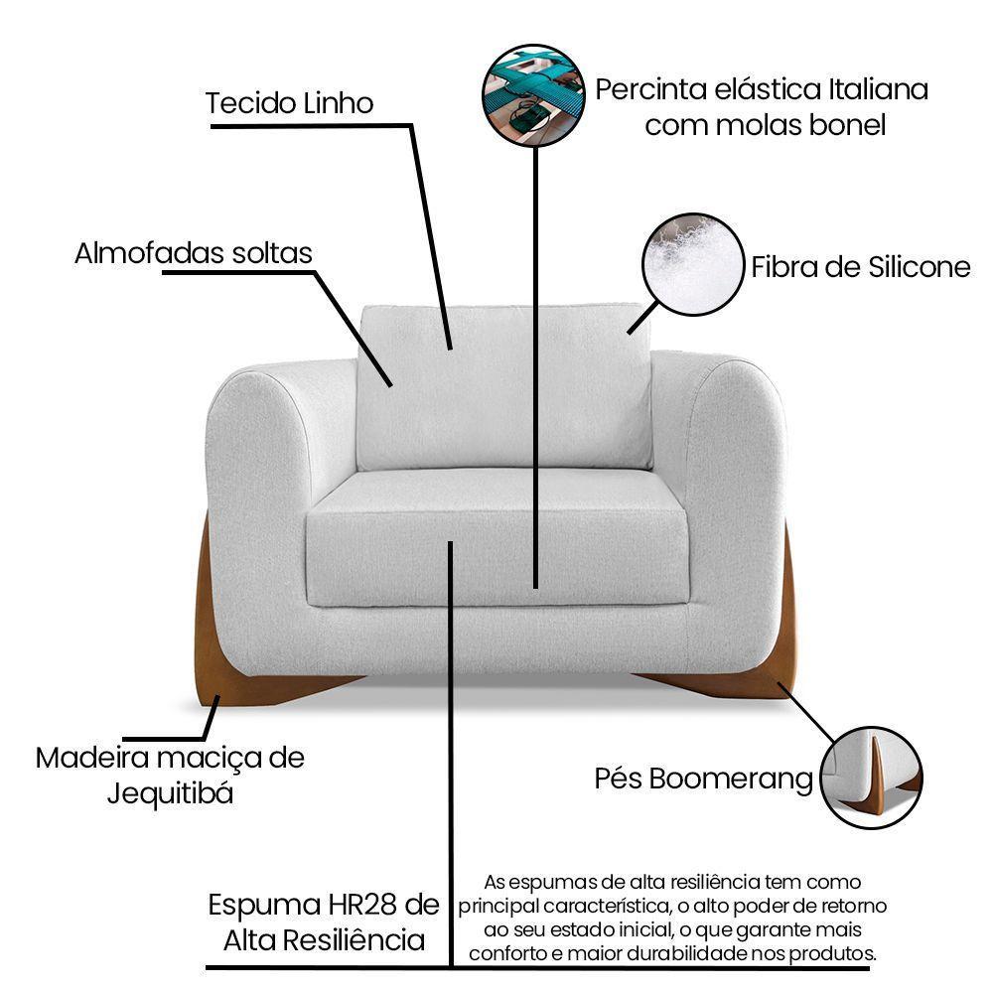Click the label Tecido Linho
point(289,103)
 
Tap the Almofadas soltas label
point(194,253)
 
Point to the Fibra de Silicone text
point(860,267)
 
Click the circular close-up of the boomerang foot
point(872,778)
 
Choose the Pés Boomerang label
point(704,779)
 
